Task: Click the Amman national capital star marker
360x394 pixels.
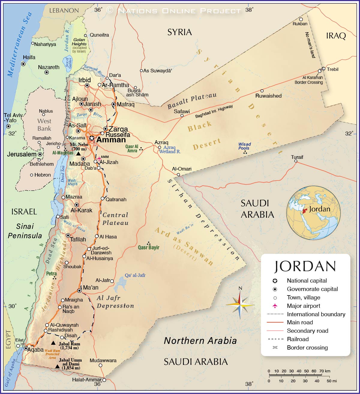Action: tap(91, 138)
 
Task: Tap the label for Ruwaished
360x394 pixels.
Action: tap(268, 96)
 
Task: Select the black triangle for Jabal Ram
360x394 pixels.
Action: tap(53, 343)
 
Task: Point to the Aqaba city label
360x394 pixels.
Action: tap(35, 350)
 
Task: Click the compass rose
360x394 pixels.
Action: tap(240, 305)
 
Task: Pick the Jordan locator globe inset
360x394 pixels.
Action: tap(313, 213)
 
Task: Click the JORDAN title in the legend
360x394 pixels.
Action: tap(305, 266)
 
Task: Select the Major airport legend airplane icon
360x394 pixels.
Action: tap(275, 306)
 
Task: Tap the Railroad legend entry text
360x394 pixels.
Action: tap(298, 339)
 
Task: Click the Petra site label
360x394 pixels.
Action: tap(51, 274)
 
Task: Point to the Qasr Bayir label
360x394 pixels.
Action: tap(148, 247)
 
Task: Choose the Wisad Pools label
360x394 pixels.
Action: tap(244, 146)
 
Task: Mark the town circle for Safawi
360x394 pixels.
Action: tap(182, 116)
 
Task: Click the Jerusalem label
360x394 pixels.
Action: tap(22, 154)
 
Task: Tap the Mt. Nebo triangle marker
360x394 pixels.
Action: tap(78, 153)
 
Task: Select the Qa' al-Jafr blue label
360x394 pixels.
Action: tap(135, 275)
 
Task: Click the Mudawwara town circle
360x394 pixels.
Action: tap(100, 365)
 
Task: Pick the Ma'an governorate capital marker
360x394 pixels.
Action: tap(79, 291)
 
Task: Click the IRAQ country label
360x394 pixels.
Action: tap(336, 36)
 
